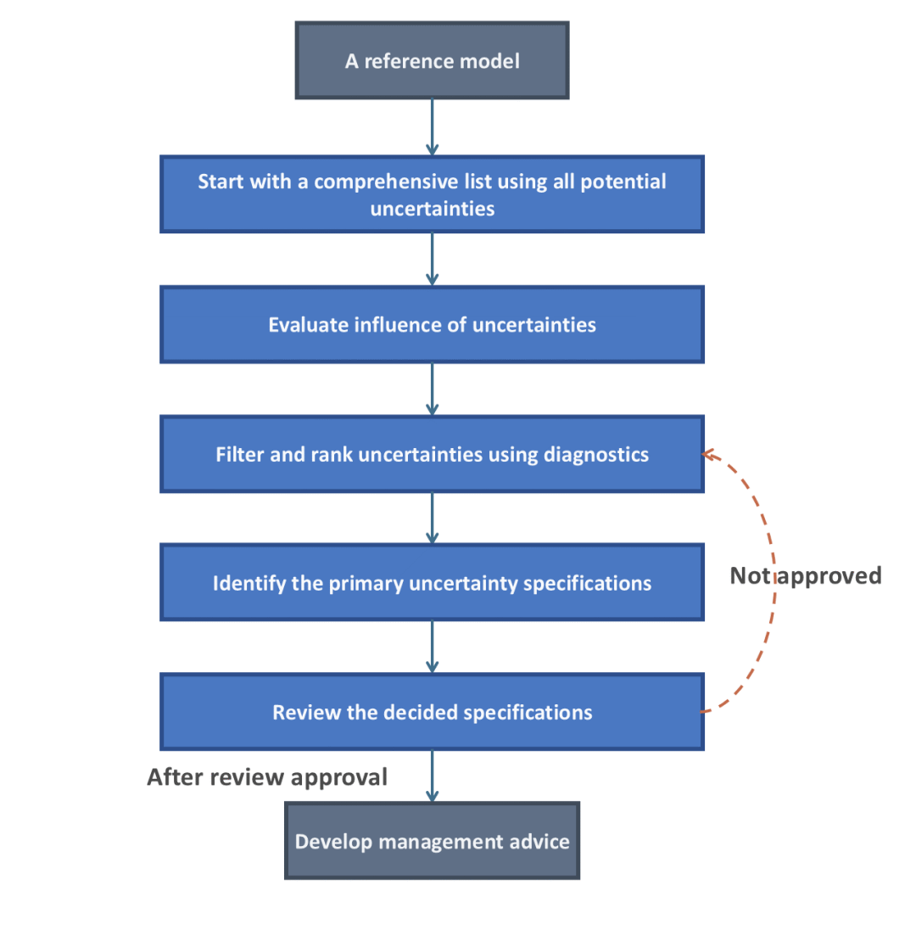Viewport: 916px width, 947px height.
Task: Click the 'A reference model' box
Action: click(x=432, y=60)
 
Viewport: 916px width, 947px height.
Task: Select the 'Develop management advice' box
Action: click(x=432, y=841)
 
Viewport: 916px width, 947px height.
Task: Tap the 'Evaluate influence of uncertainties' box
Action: click(x=432, y=324)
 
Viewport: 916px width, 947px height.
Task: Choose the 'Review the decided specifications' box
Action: click(x=432, y=712)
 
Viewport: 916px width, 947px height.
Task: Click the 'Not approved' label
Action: click(x=806, y=576)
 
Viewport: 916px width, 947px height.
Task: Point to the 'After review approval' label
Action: click(x=267, y=777)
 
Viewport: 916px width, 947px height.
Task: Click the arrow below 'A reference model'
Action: click(x=432, y=127)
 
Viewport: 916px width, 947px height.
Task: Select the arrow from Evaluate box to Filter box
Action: click(x=432, y=389)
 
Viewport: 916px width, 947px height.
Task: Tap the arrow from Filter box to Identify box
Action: click(x=432, y=518)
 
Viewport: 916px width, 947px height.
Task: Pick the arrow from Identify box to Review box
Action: click(x=432, y=647)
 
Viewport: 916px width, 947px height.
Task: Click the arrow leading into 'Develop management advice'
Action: click(x=432, y=776)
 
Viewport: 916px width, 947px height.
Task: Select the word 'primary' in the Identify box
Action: click(x=366, y=584)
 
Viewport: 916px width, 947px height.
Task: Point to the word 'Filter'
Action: click(x=240, y=454)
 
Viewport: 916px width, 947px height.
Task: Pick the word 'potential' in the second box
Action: click(x=623, y=182)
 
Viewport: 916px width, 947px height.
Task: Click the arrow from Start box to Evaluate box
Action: click(x=432, y=259)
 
